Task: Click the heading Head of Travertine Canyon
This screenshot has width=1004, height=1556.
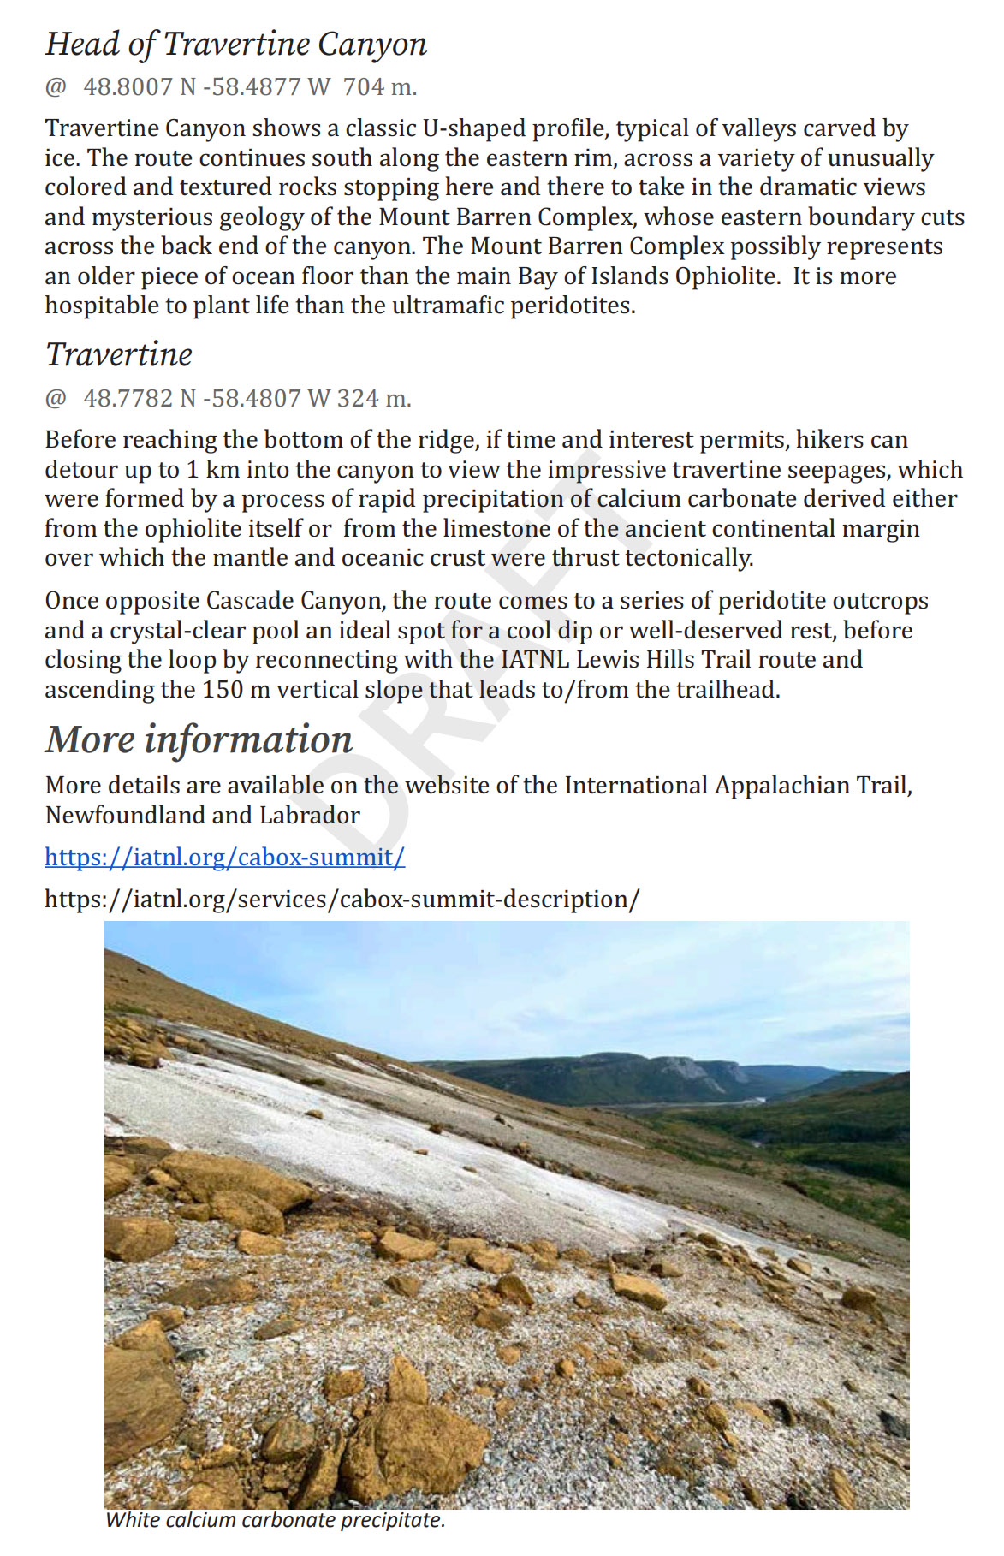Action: (x=235, y=44)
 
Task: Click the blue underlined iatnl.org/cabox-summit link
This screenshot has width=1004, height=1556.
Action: (x=224, y=858)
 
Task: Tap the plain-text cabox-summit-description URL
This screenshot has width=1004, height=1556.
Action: (x=342, y=900)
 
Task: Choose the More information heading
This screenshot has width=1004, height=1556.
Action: (x=199, y=739)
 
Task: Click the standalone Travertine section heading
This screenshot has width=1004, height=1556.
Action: (x=119, y=354)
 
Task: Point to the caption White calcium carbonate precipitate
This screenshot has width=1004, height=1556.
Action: (x=275, y=1520)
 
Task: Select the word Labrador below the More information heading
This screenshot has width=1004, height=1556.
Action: (x=310, y=816)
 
